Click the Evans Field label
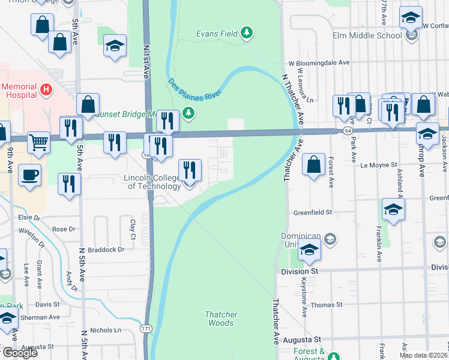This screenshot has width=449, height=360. [217, 34]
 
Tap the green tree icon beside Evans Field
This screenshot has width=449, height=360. [246, 32]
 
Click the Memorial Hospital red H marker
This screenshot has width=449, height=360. [46, 91]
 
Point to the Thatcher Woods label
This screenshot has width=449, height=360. [221, 319]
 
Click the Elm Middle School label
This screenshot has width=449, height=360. [367, 35]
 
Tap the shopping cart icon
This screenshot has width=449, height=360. [38, 143]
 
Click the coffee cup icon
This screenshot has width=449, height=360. [29, 175]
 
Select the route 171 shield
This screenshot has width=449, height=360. [146, 329]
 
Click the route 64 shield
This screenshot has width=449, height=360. [348, 130]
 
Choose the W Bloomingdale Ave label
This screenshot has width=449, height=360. [319, 62]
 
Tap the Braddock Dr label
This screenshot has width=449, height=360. [105, 249]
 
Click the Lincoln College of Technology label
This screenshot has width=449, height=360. [152, 182]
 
